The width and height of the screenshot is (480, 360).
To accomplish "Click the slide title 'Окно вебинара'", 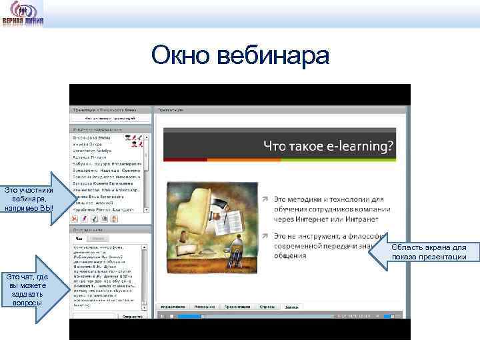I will point(240,55).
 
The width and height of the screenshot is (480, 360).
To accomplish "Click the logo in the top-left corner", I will point(24,13).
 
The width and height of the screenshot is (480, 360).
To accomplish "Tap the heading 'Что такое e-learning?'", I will point(328,145).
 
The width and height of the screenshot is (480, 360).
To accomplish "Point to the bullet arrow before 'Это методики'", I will point(265,199).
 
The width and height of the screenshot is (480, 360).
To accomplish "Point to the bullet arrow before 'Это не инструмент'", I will point(265,235).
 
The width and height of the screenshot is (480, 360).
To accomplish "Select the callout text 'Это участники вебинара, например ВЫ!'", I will point(29,198).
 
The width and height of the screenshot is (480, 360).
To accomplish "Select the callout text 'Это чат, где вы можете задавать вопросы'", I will point(26,290).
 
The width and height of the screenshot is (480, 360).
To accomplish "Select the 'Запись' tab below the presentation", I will point(291,307).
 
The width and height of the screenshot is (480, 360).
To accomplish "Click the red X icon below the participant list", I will point(75,218).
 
